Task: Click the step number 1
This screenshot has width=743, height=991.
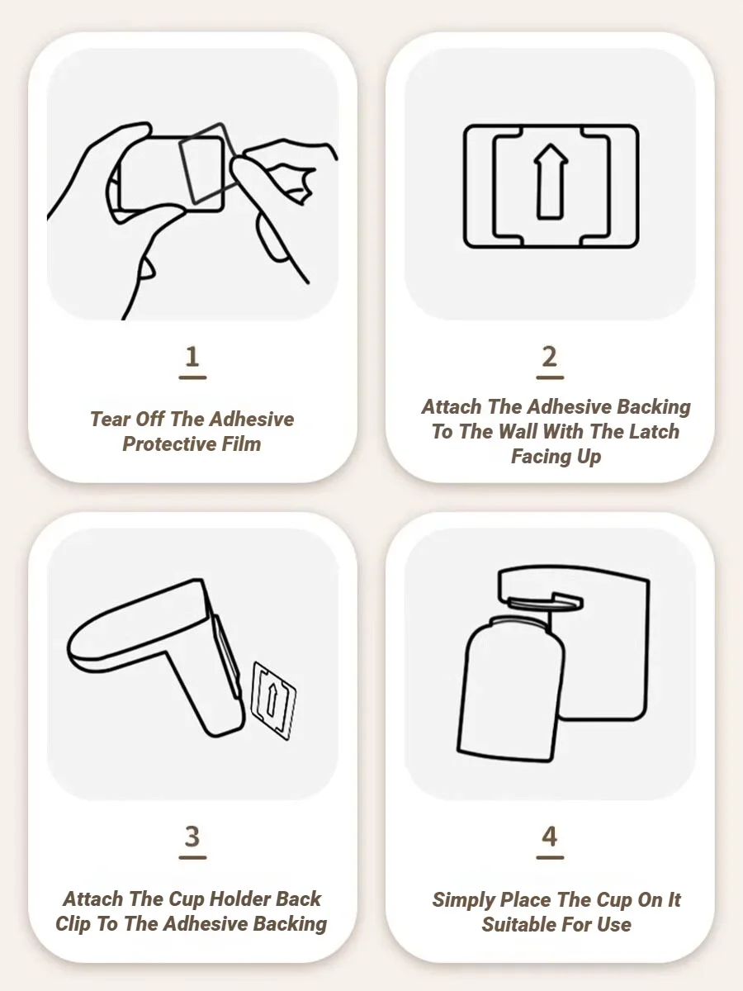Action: pyautogui.click(x=192, y=357)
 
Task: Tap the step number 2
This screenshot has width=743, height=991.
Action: pyautogui.click(x=550, y=357)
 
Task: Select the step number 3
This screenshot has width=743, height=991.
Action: pyautogui.click(x=192, y=836)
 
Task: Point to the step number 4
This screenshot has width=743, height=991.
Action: pyautogui.click(x=550, y=836)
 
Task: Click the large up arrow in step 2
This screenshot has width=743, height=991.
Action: pyautogui.click(x=551, y=182)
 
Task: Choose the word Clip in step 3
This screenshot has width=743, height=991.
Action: pyautogui.click(x=73, y=924)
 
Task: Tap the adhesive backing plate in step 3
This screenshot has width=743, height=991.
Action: pyautogui.click(x=273, y=700)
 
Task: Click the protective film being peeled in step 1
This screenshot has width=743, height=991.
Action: pyautogui.click(x=207, y=163)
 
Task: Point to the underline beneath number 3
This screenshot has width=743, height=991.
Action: pyautogui.click(x=192, y=857)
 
